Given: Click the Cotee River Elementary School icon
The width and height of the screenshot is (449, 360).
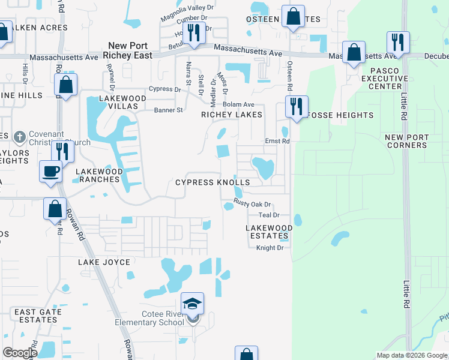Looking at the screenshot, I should [193, 304].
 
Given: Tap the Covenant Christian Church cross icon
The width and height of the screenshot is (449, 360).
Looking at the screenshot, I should [19, 136].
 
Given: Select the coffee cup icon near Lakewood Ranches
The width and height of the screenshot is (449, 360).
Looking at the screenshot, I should [50, 171].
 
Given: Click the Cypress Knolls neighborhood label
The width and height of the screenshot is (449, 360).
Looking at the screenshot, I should [212, 182].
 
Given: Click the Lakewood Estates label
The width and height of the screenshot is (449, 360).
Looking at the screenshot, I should [270, 232].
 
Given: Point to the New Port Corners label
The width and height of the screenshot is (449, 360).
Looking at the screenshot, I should [407, 142].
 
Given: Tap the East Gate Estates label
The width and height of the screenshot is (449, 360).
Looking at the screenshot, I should [35, 316].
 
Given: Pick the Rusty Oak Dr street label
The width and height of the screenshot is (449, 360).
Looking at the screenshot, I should [253, 204].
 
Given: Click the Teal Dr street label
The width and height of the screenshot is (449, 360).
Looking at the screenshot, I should [269, 215].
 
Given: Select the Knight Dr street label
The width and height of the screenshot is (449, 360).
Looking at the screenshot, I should [270, 248].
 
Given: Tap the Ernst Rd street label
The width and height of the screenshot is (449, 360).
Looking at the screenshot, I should [277, 142].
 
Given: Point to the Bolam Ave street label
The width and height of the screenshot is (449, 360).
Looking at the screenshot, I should [235, 104].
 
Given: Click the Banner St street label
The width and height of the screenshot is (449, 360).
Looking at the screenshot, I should [168, 110].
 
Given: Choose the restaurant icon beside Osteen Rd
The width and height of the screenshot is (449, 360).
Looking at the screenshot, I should [297, 106].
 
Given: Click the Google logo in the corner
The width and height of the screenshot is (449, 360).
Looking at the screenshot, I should [20, 353].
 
